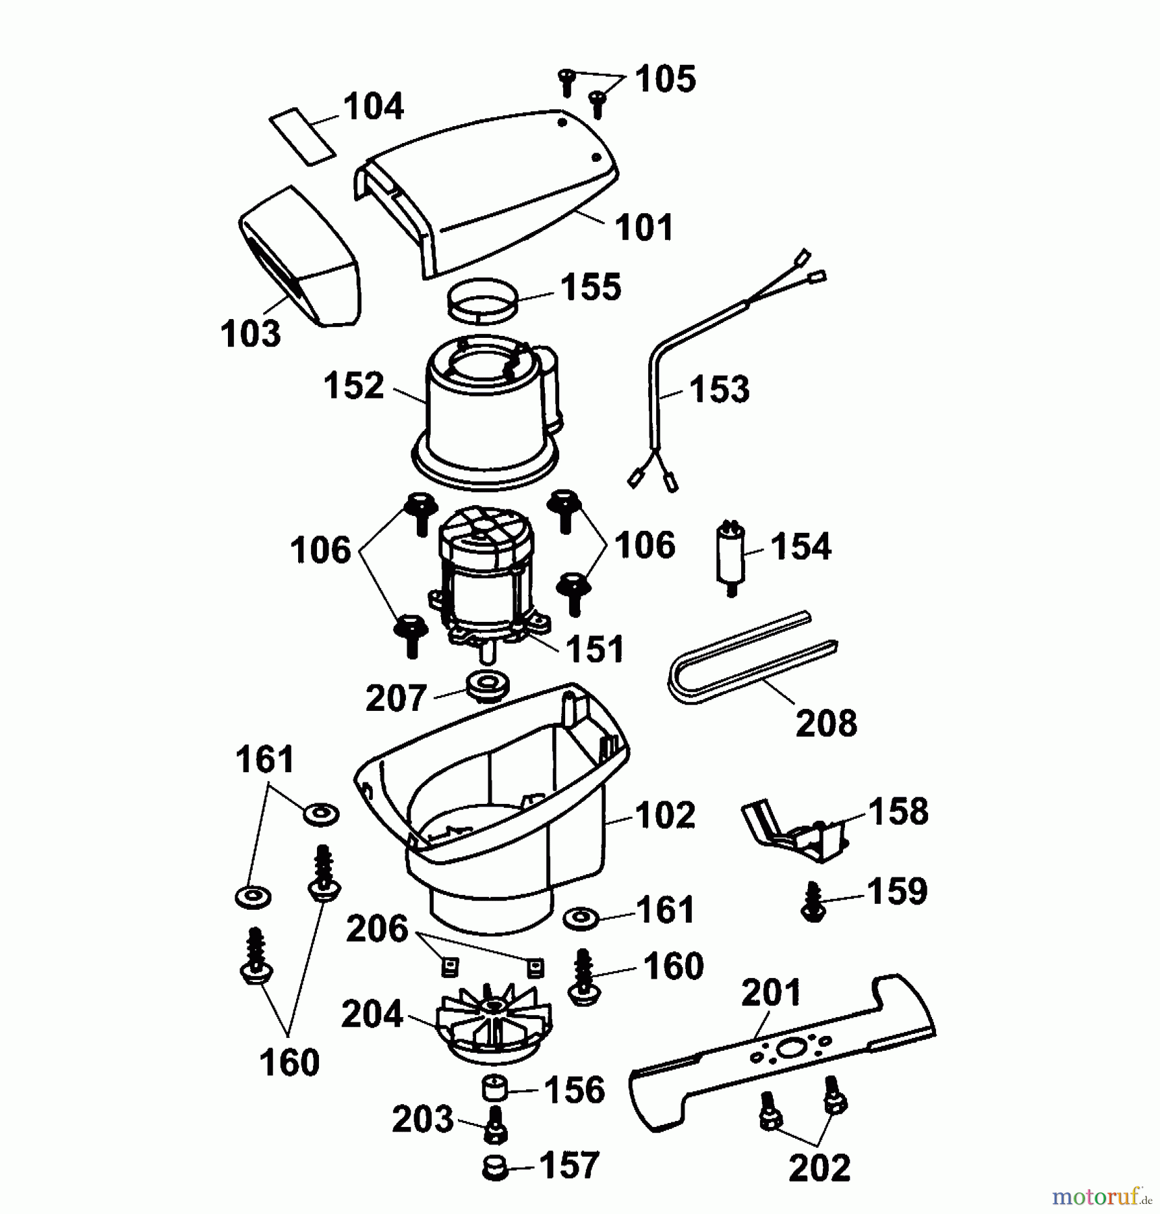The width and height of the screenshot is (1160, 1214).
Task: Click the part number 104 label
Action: [373, 107]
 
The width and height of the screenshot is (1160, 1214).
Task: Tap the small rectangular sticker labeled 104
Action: [302, 136]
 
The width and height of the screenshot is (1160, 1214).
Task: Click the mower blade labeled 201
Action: [782, 1051]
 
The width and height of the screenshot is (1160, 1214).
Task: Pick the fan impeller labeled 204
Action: [494, 1024]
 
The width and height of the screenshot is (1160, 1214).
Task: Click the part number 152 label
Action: [353, 386]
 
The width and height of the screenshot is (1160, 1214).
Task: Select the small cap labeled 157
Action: [495, 1168]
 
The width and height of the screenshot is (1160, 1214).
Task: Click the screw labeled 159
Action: [813, 902]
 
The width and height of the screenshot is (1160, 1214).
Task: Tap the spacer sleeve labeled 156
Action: [494, 1089]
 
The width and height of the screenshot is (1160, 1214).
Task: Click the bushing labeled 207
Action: [486, 687]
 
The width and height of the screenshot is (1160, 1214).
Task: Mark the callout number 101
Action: [644, 227]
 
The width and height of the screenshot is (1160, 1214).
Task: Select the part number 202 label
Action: [819, 1169]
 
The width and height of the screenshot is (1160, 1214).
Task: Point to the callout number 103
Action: [250, 333]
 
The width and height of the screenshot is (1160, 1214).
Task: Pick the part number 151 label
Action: [595, 649]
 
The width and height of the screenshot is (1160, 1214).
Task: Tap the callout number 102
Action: [664, 815]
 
